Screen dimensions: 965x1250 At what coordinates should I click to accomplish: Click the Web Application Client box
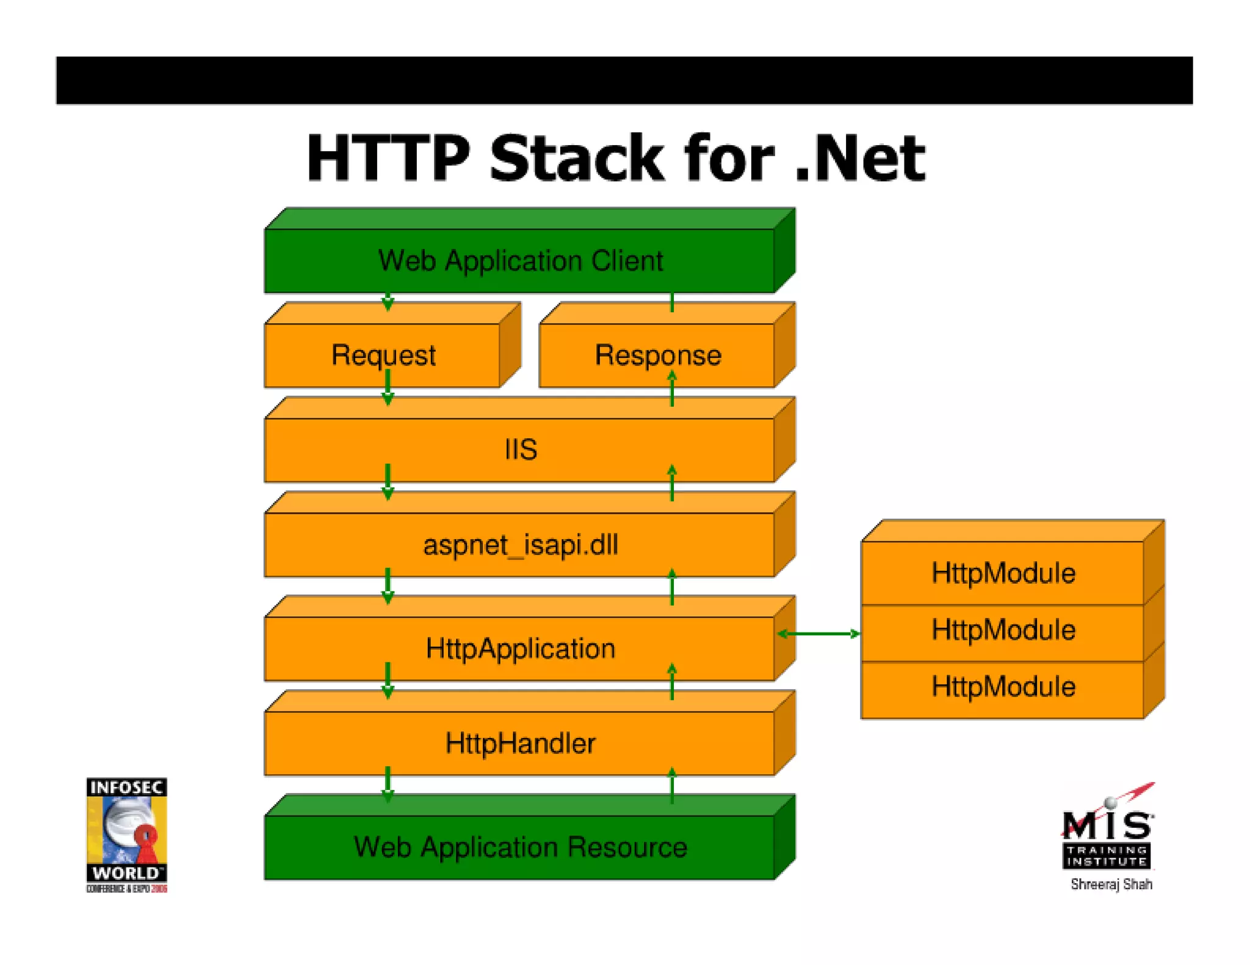(520, 261)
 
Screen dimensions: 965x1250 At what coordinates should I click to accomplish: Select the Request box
(383, 355)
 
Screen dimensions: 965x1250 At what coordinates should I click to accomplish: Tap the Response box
(657, 355)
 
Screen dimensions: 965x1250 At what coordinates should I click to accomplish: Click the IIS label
(521, 450)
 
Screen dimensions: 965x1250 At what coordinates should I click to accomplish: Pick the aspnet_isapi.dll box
(520, 545)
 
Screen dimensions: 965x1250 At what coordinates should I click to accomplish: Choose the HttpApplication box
(520, 648)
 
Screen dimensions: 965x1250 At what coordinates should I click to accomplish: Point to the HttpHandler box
(520, 743)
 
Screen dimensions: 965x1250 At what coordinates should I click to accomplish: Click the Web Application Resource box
(520, 847)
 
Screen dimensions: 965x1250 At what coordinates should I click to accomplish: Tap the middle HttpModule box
(1003, 630)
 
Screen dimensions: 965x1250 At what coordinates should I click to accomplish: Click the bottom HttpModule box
(1003, 687)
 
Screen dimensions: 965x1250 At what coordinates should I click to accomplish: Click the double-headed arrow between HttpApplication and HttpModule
(818, 634)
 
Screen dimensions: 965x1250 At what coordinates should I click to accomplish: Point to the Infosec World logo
(126, 834)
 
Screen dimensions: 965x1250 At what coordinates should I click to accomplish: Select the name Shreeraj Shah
(1111, 884)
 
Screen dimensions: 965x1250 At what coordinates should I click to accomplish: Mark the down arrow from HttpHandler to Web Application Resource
(388, 784)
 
